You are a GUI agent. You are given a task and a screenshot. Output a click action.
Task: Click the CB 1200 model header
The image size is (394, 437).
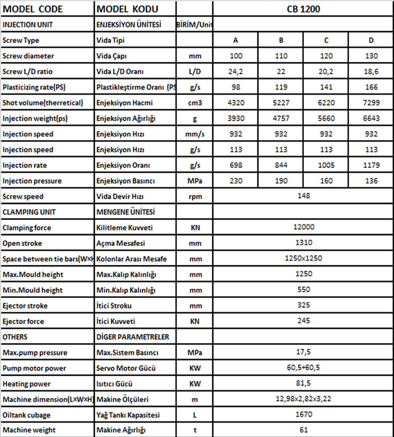[303, 9]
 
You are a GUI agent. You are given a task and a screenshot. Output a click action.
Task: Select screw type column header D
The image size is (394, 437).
[371, 40]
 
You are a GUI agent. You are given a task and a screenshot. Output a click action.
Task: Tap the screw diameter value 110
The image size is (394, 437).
[281, 56]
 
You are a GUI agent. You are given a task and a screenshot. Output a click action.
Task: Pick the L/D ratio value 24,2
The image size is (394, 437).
[235, 71]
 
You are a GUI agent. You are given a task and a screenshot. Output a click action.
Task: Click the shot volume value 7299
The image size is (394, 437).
[371, 103]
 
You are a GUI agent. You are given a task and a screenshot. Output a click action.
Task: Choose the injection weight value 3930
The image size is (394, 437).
[235, 118]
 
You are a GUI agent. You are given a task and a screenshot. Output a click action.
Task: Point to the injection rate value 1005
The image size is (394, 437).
[326, 165]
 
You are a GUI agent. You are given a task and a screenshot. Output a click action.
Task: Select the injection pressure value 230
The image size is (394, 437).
[235, 181]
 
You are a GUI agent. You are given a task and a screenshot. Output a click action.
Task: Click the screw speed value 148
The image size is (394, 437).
[303, 196]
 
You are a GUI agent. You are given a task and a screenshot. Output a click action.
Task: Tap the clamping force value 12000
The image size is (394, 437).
[303, 228]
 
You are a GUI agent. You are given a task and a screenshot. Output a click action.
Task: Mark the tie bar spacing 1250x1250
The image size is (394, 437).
[303, 259]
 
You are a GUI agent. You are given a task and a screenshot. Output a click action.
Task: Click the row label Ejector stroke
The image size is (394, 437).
[25, 306]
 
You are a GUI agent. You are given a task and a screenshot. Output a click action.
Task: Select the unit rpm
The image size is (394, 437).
[195, 196]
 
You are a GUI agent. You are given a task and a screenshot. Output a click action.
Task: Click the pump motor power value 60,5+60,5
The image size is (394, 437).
[303, 368]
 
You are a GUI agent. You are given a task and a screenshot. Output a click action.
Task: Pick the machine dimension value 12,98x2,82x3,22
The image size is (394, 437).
[303, 399]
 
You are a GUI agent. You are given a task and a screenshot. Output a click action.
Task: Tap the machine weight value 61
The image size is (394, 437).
[303, 430]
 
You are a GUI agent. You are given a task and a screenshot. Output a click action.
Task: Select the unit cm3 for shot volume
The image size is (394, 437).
[195, 103]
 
